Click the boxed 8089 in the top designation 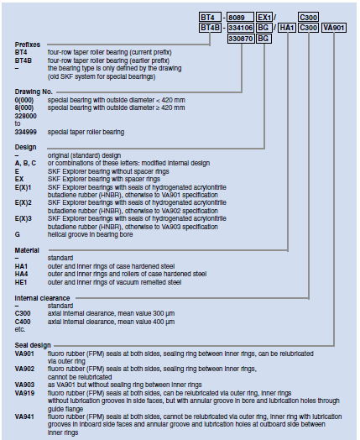240,17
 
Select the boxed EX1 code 264,17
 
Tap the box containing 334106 241,28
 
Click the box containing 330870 241,39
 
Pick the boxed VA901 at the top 334,28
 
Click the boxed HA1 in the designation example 287,28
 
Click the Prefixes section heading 28,45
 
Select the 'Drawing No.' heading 34,92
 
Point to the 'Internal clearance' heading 42,298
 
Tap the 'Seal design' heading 33,345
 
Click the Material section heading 27,250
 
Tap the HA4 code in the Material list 21,274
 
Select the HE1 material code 21,282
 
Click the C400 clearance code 23,322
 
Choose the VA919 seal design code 24,393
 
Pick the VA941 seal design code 24,416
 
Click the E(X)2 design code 23,202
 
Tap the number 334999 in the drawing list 25,132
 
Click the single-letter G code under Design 18,234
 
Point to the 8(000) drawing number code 24,107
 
